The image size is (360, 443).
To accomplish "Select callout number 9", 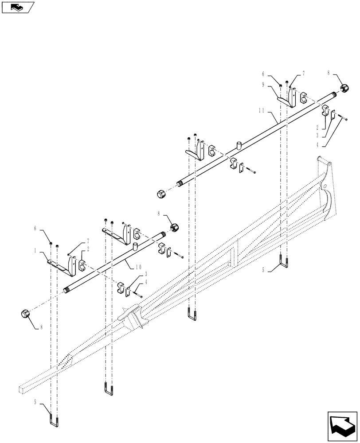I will click(x=275, y=84).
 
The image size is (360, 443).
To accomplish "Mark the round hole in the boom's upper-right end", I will click(x=325, y=186).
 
